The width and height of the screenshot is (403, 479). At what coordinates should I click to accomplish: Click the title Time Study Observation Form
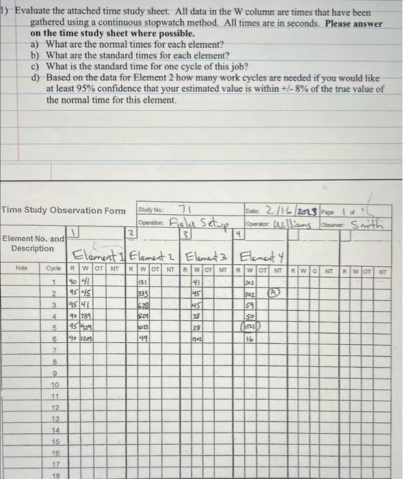coord(63,210)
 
